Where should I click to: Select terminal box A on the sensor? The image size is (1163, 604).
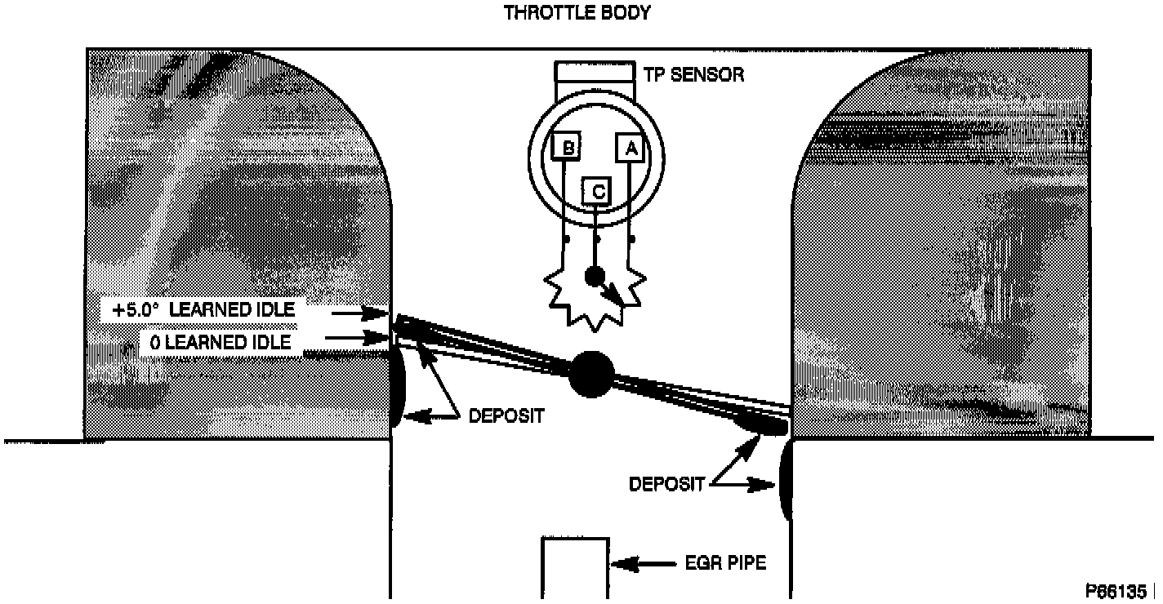(630, 149)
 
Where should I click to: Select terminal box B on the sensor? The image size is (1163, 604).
(565, 148)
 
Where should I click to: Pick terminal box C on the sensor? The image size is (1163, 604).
(597, 193)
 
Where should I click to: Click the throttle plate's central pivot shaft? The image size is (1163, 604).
(590, 374)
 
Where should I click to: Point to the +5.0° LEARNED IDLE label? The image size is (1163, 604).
(204, 311)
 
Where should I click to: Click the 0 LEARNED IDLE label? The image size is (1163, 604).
(220, 342)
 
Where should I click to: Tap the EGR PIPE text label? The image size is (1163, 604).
(725, 563)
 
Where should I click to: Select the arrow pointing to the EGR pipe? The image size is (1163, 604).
(641, 563)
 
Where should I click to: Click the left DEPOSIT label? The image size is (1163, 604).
(506, 415)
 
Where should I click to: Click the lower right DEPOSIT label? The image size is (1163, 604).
(666, 484)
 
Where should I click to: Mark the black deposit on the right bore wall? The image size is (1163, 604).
(786, 482)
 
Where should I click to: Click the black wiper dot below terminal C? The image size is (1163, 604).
(594, 277)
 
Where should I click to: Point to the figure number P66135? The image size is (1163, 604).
(1116, 589)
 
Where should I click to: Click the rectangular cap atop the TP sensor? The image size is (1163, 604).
(595, 71)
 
